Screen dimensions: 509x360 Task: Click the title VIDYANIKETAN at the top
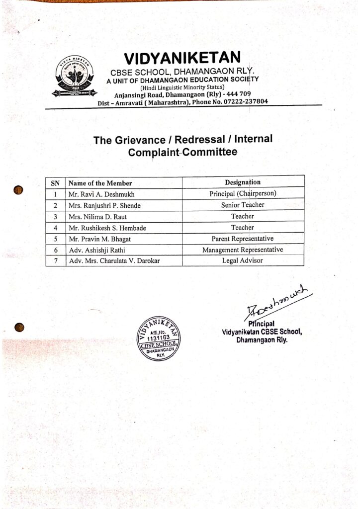point(182,58)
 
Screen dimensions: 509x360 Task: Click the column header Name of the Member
point(100,183)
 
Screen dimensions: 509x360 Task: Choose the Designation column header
point(243,182)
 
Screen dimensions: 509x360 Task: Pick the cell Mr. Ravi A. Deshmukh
point(102,194)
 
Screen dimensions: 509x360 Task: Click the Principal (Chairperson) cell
point(243,194)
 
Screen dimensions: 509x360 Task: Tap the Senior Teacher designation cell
point(243,205)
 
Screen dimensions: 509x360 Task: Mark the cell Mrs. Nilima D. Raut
point(98,217)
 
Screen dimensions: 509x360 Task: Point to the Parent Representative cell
point(243,239)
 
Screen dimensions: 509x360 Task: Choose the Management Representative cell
point(243,250)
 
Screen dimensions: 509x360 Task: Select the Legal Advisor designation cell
point(243,260)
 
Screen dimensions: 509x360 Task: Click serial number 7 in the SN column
point(56,261)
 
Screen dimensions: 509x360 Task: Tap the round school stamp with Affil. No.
point(159,339)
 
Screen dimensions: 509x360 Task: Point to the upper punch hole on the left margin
point(19,189)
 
